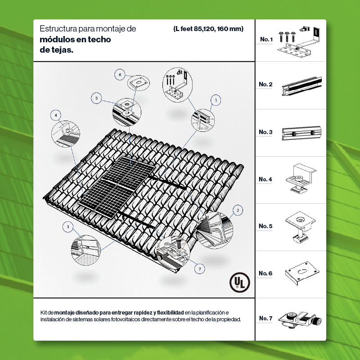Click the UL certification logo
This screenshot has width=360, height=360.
pyautogui.click(x=240, y=282)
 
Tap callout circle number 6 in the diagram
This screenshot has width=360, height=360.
pyautogui.click(x=120, y=75)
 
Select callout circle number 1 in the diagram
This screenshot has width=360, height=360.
pyautogui.click(x=216, y=100)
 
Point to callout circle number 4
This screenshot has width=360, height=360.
pyautogui.click(x=56, y=115)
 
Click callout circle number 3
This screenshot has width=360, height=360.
pyautogui.click(x=68, y=227)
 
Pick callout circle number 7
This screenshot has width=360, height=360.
pyautogui.click(x=200, y=269)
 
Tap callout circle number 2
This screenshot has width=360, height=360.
pyautogui.click(x=238, y=210)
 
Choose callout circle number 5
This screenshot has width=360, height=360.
pyautogui.click(x=96, y=98)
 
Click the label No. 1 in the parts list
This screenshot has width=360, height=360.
pyautogui.click(x=266, y=39)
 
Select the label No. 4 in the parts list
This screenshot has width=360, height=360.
pyautogui.click(x=265, y=179)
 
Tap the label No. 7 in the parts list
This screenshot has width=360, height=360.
pyautogui.click(x=265, y=318)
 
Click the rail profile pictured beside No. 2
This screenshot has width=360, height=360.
pyautogui.click(x=301, y=86)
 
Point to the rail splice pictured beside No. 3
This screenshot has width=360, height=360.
pyautogui.click(x=301, y=133)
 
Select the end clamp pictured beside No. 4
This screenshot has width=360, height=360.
pyautogui.click(x=301, y=178)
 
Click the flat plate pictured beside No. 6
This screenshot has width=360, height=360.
pyautogui.click(x=302, y=273)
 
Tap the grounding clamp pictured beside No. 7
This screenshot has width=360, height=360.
pyautogui.click(x=300, y=319)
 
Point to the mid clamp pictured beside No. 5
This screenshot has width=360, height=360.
pyautogui.click(x=300, y=227)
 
